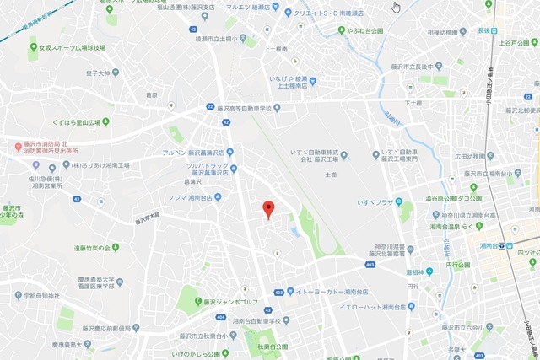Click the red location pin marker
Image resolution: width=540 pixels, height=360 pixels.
coord(268,208)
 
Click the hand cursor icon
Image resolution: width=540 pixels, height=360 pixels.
coord(397,8)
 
